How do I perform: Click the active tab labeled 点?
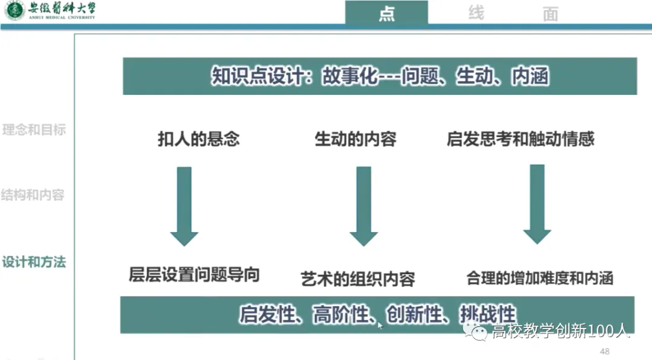tap(386, 13)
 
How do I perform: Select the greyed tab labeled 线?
tap(476, 13)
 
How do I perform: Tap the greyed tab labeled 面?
tap(550, 14)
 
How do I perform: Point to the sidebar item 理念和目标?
tap(34, 130)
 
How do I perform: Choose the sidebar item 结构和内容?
tap(33, 195)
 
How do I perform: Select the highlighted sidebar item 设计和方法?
tap(34, 262)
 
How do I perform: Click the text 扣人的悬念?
tap(199, 139)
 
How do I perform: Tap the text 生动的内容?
tap(356, 139)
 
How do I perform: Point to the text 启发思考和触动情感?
tap(520, 139)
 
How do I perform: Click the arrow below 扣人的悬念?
tap(184, 205)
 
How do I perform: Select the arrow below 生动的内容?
tap(363, 205)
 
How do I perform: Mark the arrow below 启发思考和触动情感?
tap(537, 204)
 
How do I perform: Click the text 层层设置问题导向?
tap(194, 275)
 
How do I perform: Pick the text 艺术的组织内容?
tap(358, 279)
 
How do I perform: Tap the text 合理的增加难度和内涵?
tap(540, 278)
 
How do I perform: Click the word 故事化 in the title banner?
tap(350, 77)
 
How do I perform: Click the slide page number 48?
tap(604, 352)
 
